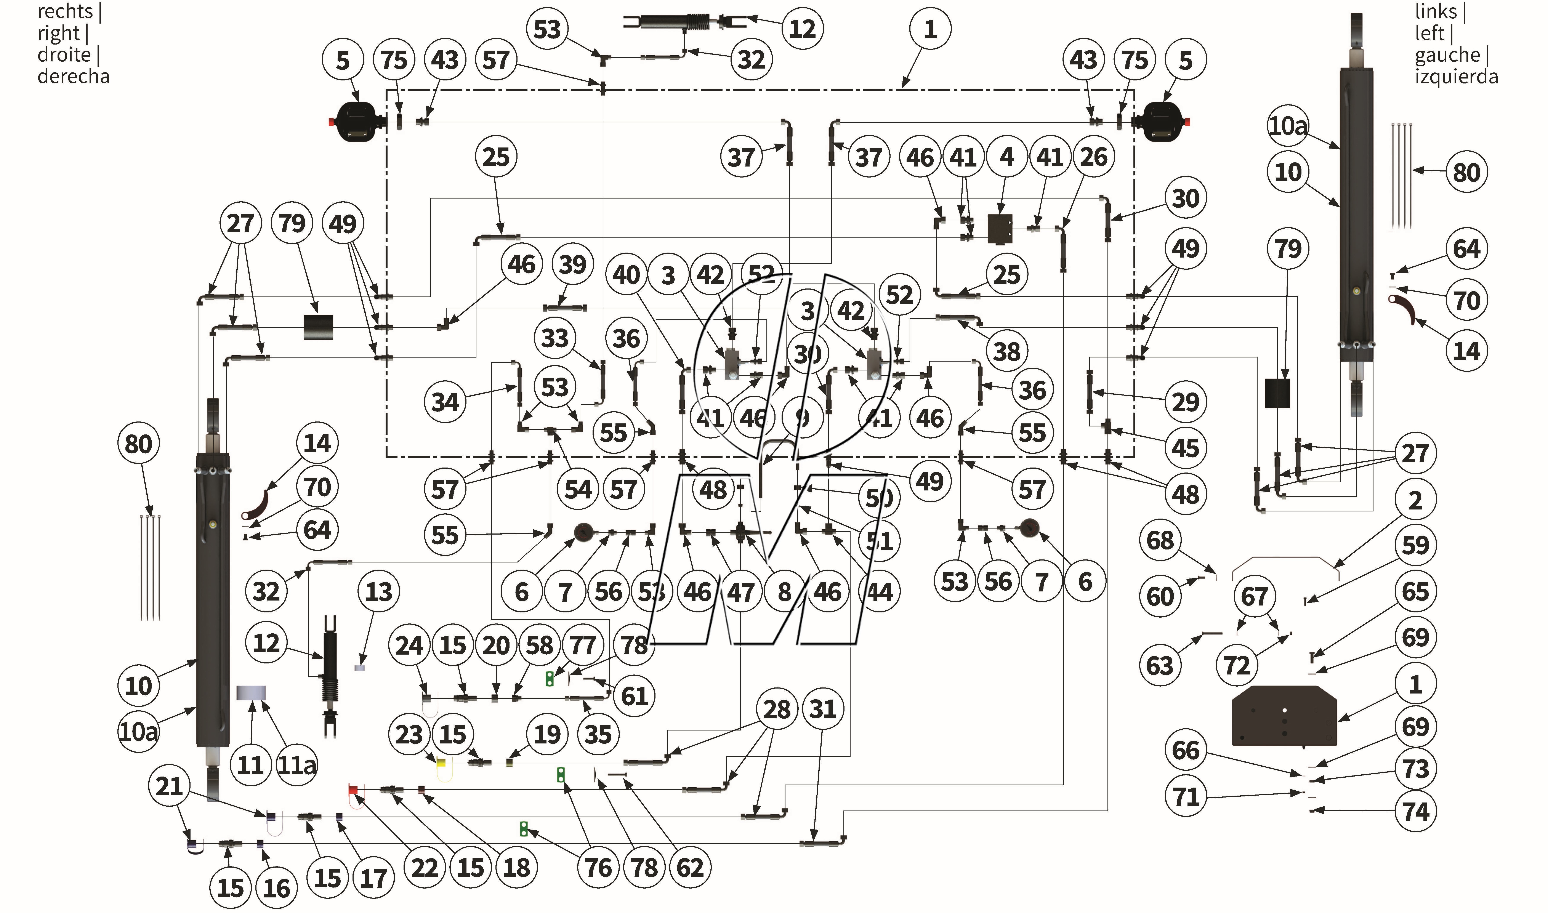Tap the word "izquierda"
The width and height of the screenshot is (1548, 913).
coord(1456,76)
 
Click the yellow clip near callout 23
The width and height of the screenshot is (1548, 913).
coord(441,763)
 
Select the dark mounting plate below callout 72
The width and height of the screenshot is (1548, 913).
coord(1284,716)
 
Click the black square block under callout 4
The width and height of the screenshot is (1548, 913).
coord(1000,228)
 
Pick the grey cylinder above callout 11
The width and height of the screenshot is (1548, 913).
coord(251,693)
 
